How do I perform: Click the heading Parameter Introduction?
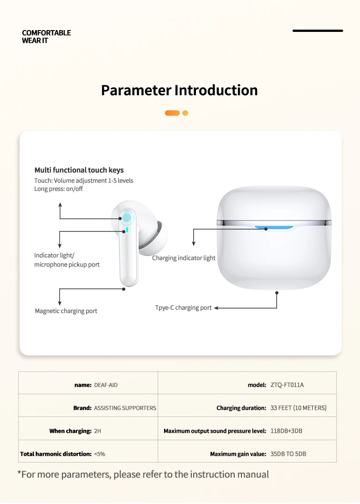pyautogui.click(x=179, y=90)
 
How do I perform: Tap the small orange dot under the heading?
pyautogui.click(x=185, y=113)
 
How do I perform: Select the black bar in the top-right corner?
pyautogui.click(x=318, y=31)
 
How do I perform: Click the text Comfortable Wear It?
pyautogui.click(x=46, y=36)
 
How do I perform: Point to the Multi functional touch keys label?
pyautogui.click(x=79, y=170)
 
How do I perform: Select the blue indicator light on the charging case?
pyautogui.click(x=273, y=227)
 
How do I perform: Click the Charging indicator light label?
pyautogui.click(x=184, y=258)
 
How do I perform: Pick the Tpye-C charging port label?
pyautogui.click(x=183, y=308)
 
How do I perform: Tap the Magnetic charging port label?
pyautogui.click(x=66, y=311)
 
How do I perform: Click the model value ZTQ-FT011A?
pyautogui.click(x=287, y=385)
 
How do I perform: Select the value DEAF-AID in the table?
pyautogui.click(x=106, y=385)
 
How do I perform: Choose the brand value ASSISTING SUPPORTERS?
pyautogui.click(x=125, y=408)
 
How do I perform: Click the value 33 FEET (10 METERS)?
pyautogui.click(x=298, y=408)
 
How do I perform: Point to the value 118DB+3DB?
pyautogui.click(x=286, y=431)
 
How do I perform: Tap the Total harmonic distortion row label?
pyautogui.click(x=56, y=454)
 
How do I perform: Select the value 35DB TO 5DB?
pyautogui.click(x=288, y=454)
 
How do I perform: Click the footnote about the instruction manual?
pyautogui.click(x=143, y=474)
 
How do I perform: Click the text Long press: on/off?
pyautogui.click(x=58, y=189)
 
